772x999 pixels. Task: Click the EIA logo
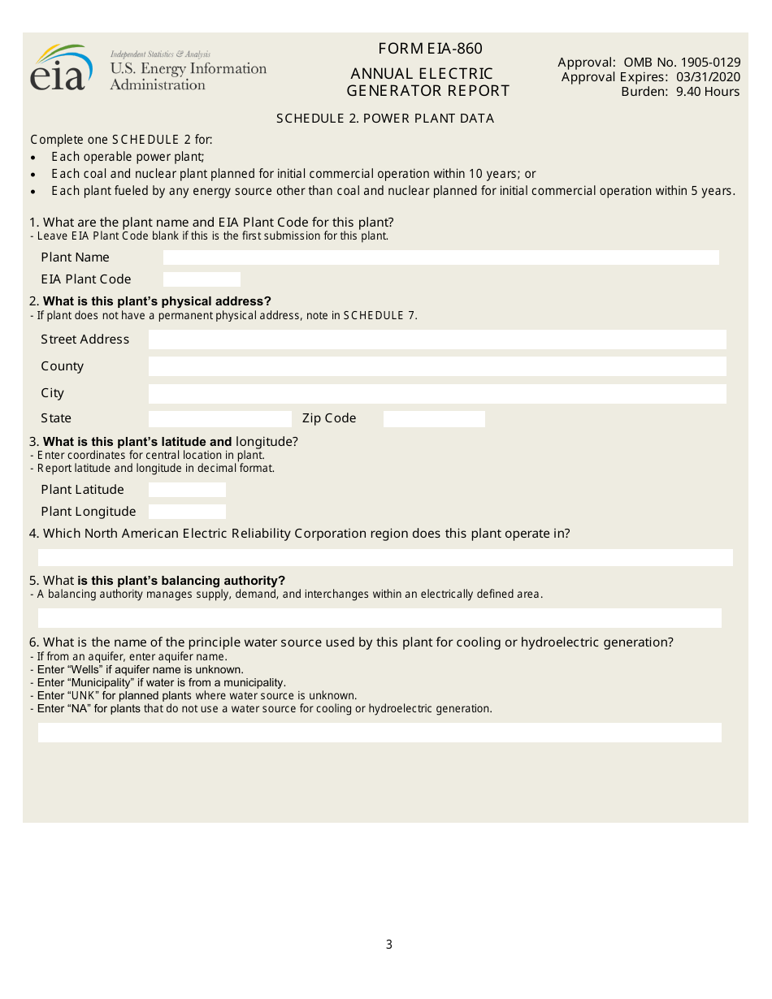[x=59, y=68]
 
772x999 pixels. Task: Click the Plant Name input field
[x=440, y=257]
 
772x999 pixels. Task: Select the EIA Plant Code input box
[x=202, y=279]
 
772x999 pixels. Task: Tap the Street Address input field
[x=437, y=339]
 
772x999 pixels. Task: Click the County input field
[x=437, y=366]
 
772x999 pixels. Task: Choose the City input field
[x=437, y=394]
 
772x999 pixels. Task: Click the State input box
[x=219, y=419]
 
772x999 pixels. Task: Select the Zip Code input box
[x=434, y=419]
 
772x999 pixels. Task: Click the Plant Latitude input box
[x=187, y=490]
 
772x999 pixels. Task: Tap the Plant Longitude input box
[x=187, y=512]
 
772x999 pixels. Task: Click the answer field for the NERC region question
[x=385, y=557]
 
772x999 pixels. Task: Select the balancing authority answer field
[x=379, y=618]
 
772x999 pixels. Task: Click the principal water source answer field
[x=379, y=733]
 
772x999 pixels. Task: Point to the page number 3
[x=388, y=945]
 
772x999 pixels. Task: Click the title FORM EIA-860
[x=430, y=49]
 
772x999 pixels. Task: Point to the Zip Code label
[x=329, y=418]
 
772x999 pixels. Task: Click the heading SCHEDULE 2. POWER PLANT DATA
[x=385, y=119]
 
